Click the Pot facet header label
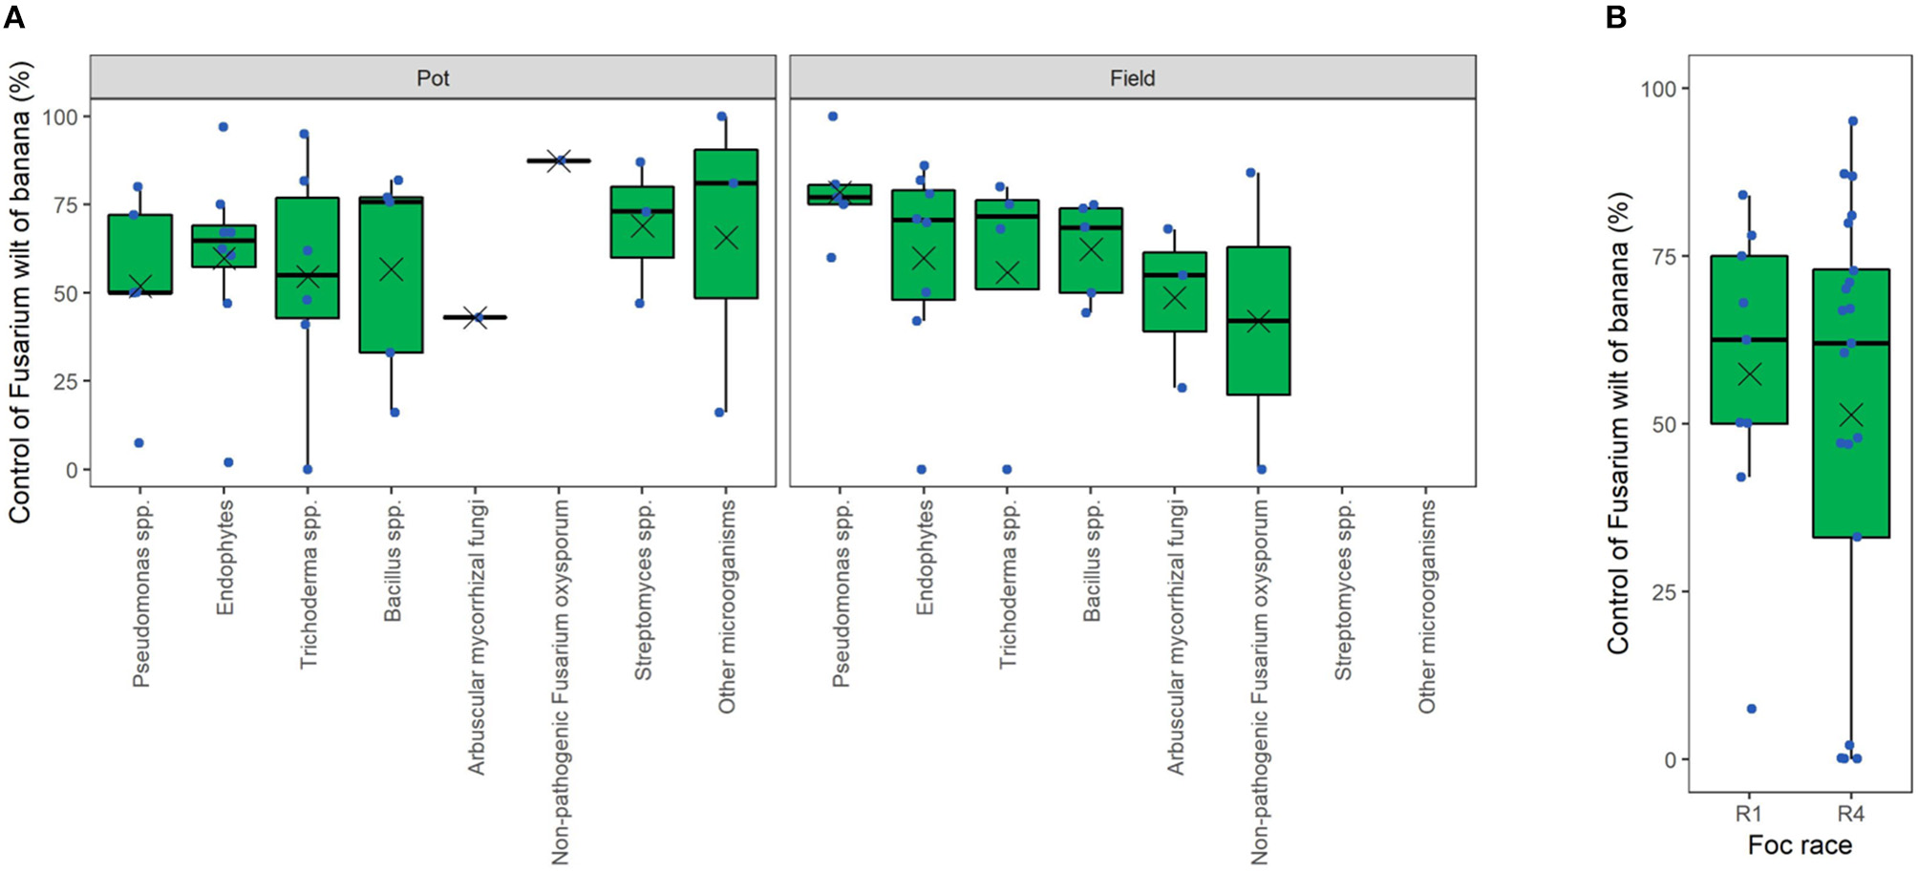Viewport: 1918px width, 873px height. tap(433, 78)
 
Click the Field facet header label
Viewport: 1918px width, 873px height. tap(1132, 78)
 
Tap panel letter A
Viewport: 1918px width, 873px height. tap(13, 17)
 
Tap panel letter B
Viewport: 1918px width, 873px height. tap(1616, 17)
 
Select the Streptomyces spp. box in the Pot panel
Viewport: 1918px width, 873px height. tap(642, 222)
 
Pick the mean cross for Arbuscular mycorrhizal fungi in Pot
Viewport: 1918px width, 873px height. tap(478, 317)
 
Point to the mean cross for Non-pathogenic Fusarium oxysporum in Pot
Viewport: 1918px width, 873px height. tap(561, 160)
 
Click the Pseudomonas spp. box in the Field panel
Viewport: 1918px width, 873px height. tap(840, 195)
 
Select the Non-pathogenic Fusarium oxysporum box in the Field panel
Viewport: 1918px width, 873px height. tap(1258, 321)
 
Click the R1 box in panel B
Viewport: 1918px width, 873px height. tap(1749, 340)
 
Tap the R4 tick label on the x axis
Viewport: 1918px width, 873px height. tap(1851, 814)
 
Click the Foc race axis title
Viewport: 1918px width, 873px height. tap(1800, 845)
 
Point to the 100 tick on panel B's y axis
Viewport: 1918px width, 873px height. tap(1658, 89)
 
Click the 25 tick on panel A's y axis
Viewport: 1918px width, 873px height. tap(66, 381)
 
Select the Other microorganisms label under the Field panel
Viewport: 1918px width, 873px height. tap(1426, 607)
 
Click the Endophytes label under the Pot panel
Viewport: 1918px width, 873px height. tap(224, 559)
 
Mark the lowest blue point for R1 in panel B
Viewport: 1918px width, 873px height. tap(1752, 709)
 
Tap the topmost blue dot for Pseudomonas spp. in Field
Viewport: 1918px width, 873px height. tap(832, 117)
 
